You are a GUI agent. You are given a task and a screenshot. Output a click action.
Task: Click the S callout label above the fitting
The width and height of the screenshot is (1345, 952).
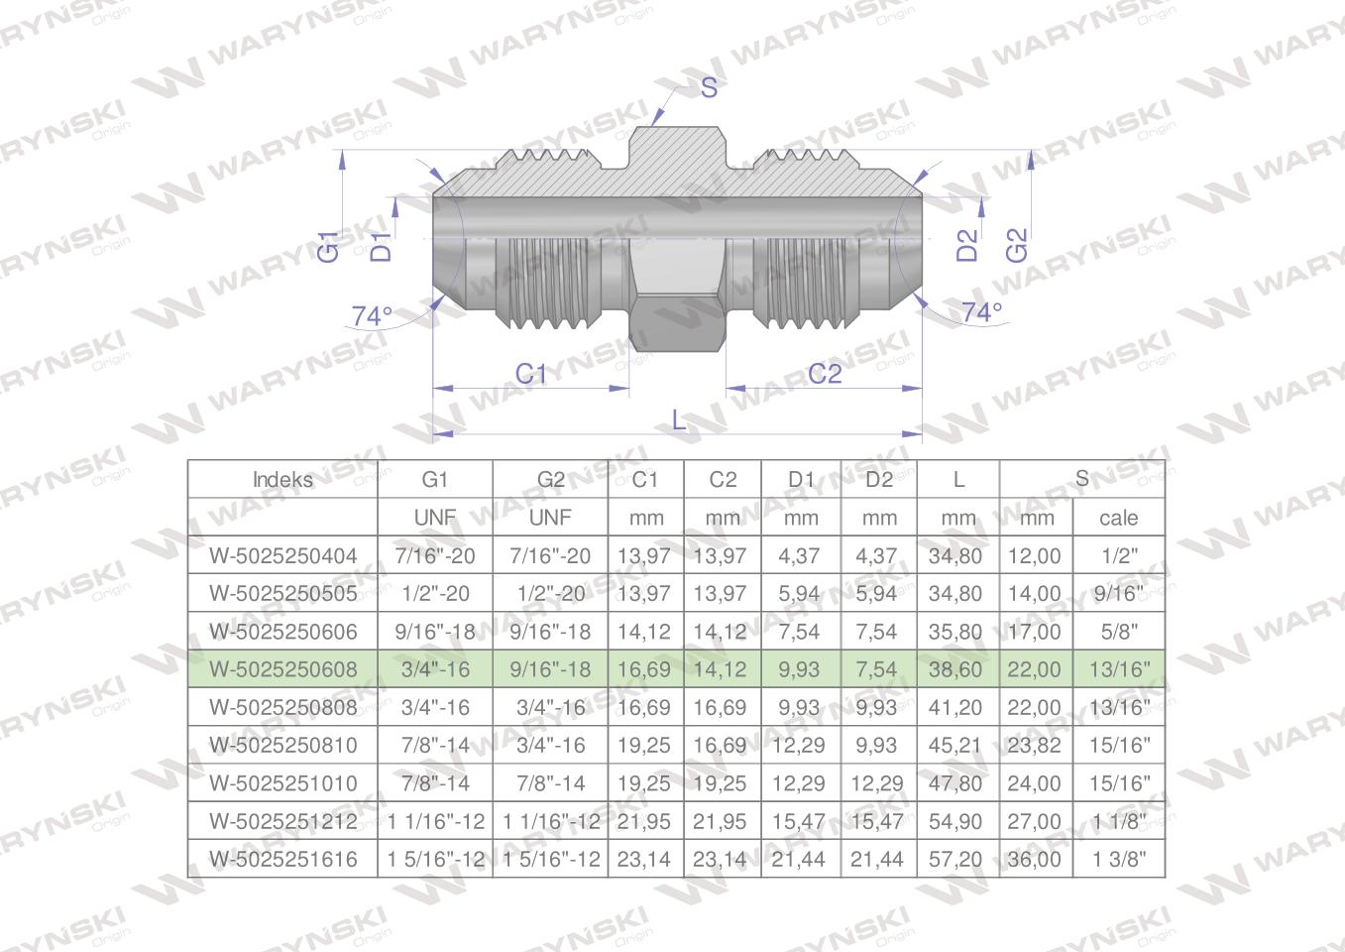(x=709, y=87)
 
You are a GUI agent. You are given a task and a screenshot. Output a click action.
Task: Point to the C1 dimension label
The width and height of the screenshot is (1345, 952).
(x=531, y=374)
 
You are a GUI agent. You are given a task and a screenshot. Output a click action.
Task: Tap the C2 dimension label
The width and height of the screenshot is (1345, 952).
(x=825, y=374)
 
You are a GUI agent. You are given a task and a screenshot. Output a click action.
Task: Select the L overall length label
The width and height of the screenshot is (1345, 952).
(x=679, y=419)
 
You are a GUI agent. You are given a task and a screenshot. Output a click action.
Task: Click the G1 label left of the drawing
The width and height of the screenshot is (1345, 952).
(x=328, y=246)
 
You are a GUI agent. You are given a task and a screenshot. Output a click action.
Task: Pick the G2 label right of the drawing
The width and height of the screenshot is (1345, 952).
(x=1017, y=245)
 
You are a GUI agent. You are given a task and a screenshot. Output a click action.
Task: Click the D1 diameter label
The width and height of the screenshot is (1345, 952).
(x=381, y=246)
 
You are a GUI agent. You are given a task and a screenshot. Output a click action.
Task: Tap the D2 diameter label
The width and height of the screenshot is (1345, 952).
(x=966, y=245)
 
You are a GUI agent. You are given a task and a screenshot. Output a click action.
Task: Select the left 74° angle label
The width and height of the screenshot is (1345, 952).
(x=372, y=316)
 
